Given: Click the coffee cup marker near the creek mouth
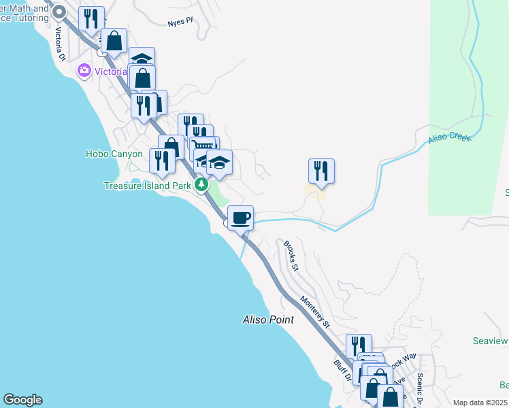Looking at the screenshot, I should point(240,218).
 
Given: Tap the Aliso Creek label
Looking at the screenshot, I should point(449,138).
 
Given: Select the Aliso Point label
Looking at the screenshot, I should point(268,319).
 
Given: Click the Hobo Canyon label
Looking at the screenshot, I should point(114,154).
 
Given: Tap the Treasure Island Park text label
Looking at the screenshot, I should point(146,185).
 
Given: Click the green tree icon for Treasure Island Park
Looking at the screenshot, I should point(201,184).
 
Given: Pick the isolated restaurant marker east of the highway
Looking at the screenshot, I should point(321,171).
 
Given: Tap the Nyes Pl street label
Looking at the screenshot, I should point(180,22).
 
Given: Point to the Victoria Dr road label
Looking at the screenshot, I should point(60,42).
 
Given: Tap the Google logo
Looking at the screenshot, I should point(22,400).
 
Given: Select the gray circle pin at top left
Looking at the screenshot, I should point(59,11).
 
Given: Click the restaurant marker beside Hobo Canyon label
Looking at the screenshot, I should point(162,161).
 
